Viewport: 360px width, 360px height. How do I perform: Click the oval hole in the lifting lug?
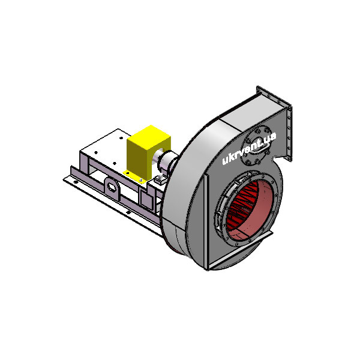tap(112, 188)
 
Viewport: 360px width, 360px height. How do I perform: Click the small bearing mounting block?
tap(160, 179)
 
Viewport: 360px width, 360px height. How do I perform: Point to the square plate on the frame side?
tap(146, 199)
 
